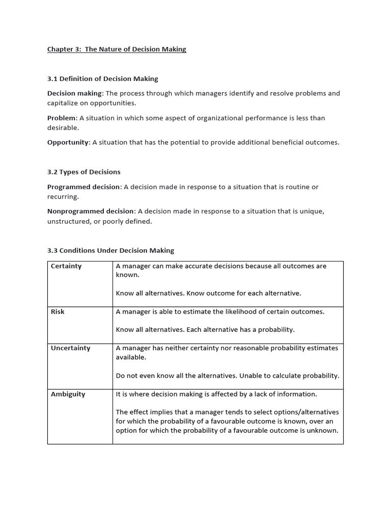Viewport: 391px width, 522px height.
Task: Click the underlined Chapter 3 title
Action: tap(117, 49)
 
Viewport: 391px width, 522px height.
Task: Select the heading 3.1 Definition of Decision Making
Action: tap(102, 79)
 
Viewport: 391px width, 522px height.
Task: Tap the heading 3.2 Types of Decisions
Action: tap(83, 172)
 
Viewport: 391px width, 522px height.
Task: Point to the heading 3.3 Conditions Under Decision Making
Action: tap(110, 251)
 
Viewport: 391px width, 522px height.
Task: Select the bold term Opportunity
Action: tap(68, 143)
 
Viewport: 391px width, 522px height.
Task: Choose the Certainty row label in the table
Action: tap(66, 266)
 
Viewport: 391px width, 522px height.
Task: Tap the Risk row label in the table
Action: tap(58, 311)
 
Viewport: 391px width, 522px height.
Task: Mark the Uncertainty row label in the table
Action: tap(70, 348)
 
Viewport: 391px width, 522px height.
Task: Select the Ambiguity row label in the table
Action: tap(68, 394)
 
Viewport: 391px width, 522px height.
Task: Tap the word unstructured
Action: tap(68, 221)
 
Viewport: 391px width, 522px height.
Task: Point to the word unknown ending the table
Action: tap(323, 431)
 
